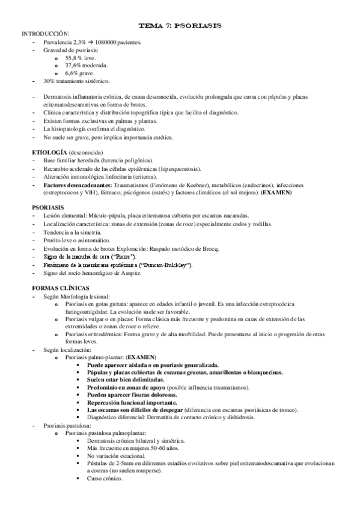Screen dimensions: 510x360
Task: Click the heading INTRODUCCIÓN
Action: (45, 34)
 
